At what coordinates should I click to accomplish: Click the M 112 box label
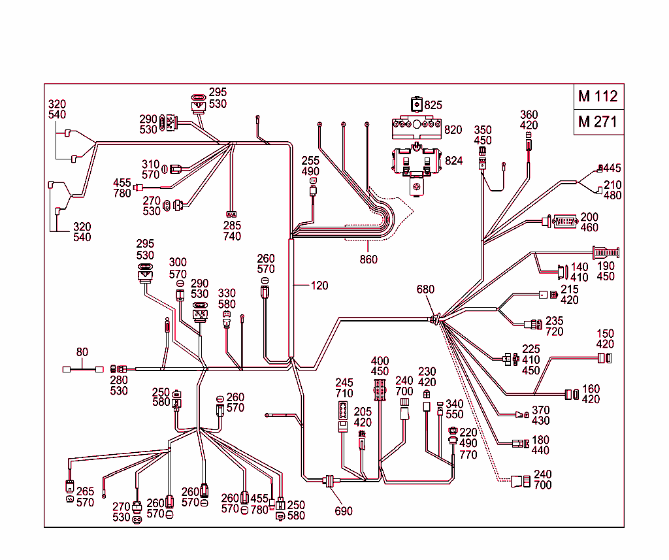(x=598, y=97)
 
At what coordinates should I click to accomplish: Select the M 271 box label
(x=598, y=122)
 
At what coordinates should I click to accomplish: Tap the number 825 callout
(x=433, y=105)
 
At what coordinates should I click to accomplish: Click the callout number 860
(x=368, y=259)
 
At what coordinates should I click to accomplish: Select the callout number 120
(x=319, y=286)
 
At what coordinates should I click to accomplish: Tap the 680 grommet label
(x=425, y=289)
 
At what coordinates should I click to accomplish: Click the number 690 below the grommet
(x=344, y=510)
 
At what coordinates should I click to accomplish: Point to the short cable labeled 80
(x=82, y=369)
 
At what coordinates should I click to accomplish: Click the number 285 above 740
(x=232, y=225)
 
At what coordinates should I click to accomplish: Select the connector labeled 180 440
(x=519, y=444)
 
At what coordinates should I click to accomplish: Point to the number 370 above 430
(x=540, y=410)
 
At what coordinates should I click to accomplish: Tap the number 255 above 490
(x=310, y=161)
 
